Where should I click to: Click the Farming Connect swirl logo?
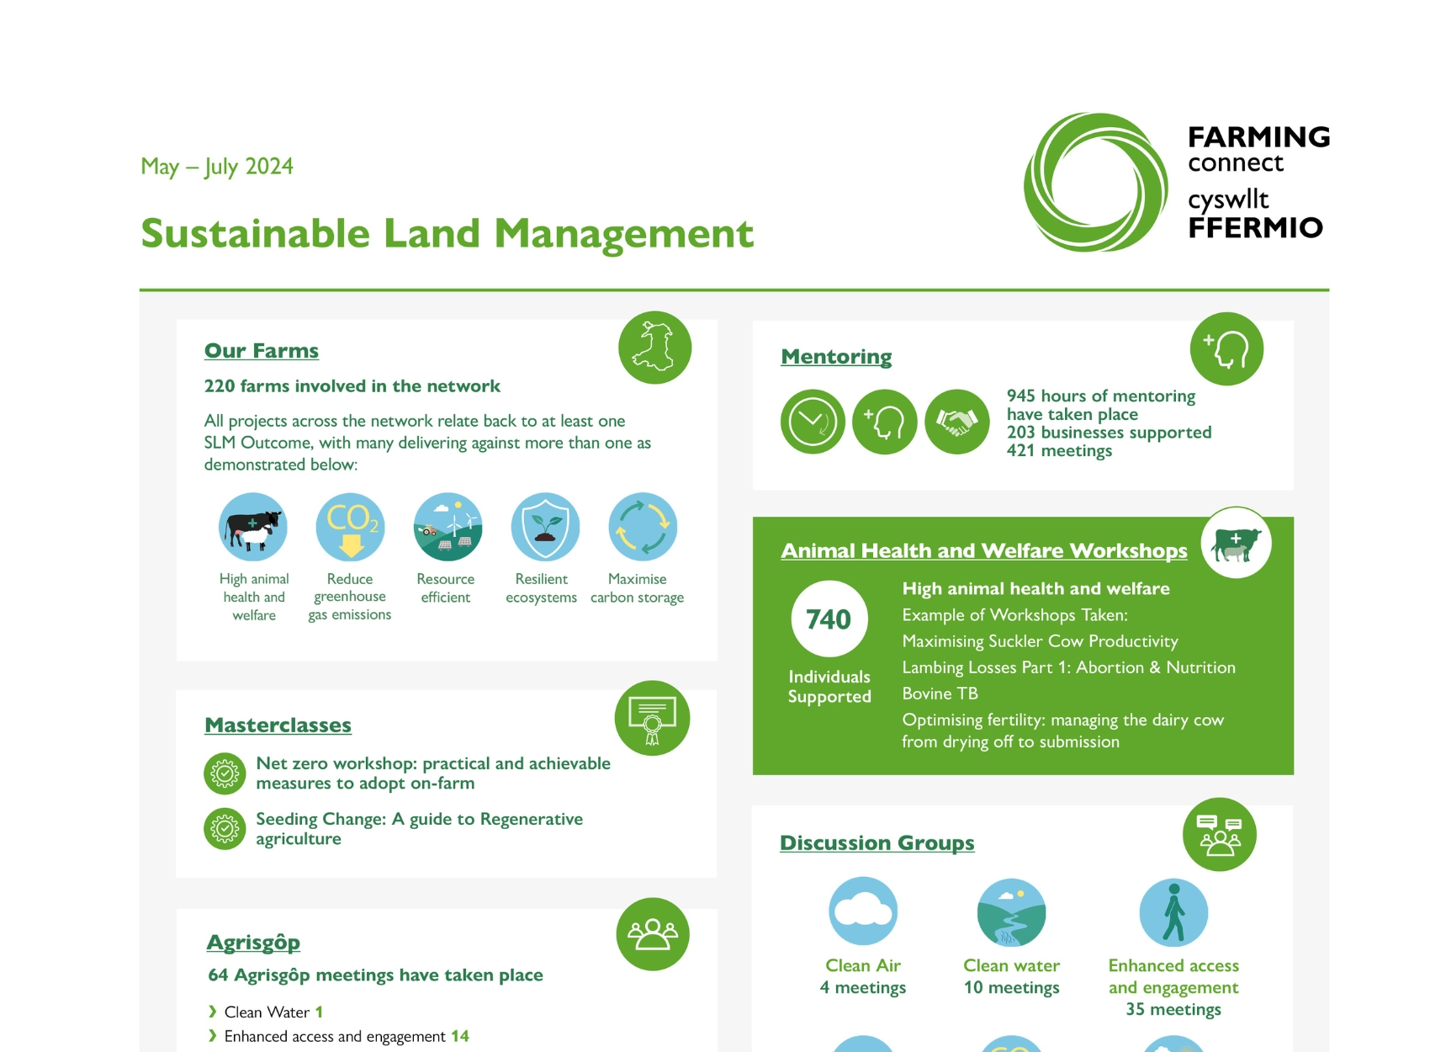pos(1095,183)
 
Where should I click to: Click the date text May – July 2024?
pos(217,167)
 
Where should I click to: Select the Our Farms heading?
pos(262,351)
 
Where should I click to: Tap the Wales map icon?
pos(654,348)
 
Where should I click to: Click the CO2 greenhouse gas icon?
pos(350,527)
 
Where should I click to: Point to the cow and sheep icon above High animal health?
pos(253,527)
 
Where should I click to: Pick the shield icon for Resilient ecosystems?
pos(545,527)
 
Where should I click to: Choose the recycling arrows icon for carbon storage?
pos(643,527)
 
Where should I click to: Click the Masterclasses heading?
pos(278,725)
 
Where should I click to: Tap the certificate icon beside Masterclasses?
pos(652,718)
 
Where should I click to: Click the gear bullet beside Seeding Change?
pos(225,829)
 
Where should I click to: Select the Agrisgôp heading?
pos(253,943)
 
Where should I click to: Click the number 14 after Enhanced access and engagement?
pos(460,1036)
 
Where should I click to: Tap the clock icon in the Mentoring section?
pos(813,422)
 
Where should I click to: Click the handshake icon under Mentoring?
pos(956,422)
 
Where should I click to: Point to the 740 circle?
pos(829,619)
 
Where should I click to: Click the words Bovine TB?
pos(940,693)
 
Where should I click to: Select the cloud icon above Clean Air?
pos(863,911)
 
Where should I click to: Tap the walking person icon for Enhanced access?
pos(1173,912)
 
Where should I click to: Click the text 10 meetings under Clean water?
pos(1011,987)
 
